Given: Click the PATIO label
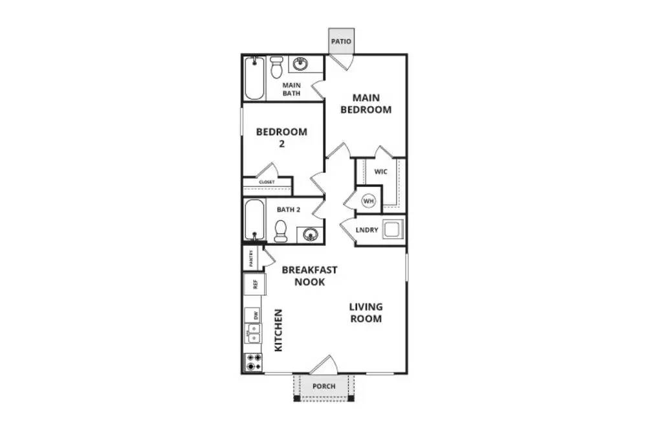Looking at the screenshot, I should coord(341,42).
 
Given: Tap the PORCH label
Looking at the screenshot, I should coord(323,387).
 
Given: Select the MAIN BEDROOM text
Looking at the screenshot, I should coord(371,104).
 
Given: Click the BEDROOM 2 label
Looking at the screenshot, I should coord(281,137).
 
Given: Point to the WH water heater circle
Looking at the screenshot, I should coord(368,201).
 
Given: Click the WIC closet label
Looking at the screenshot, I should coord(380,172).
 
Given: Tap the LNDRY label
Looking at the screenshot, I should coord(367,230).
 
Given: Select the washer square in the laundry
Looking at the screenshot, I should coord(393,229).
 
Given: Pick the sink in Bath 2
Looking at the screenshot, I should coord(309,233).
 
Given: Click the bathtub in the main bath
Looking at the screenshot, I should coord(254,78).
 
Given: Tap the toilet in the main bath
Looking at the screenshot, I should coord(276,66).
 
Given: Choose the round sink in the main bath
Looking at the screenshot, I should coord(300,64).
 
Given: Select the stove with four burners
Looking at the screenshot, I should coord(253,362).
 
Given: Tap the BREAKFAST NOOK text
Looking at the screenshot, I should coord(309,276).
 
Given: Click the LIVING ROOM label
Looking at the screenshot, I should coord(366,313).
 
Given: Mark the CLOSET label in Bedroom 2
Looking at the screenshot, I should coord(267,182).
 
